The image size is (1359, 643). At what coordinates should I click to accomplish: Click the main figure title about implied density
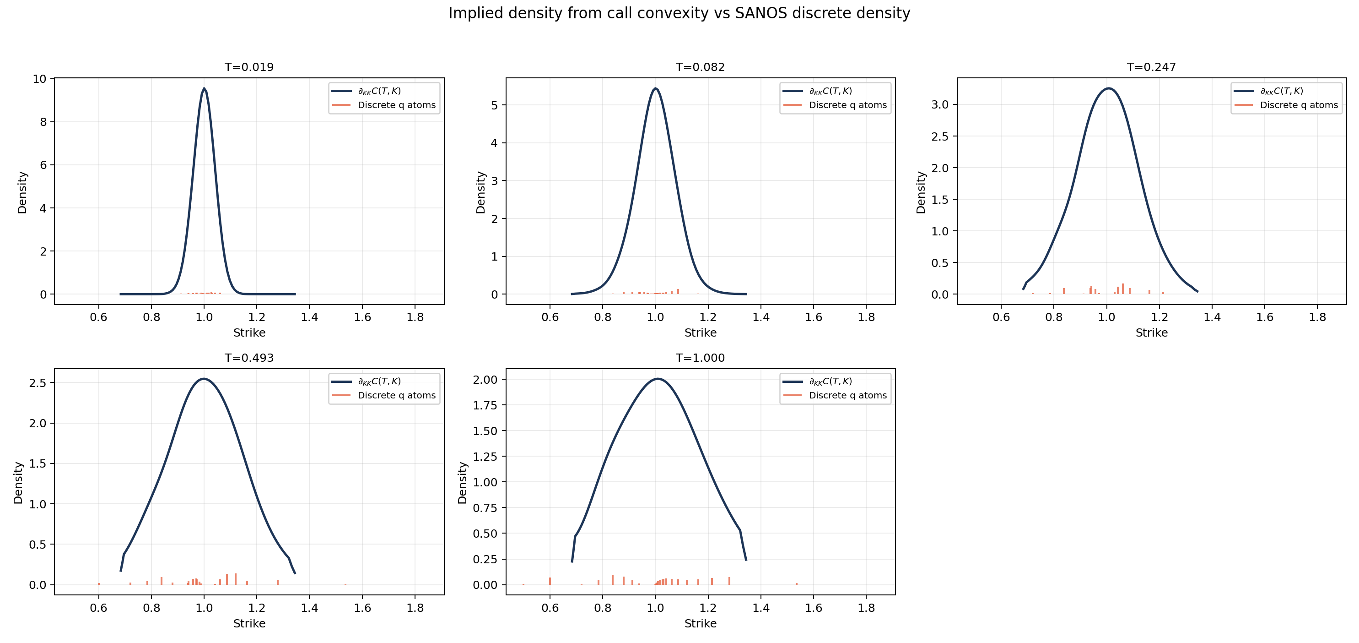pyautogui.click(x=679, y=13)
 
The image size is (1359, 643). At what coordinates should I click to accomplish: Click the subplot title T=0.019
pyautogui.click(x=249, y=67)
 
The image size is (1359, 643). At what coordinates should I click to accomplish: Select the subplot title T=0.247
pyautogui.click(x=1151, y=67)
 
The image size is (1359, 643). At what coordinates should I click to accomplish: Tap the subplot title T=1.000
pyautogui.click(x=700, y=358)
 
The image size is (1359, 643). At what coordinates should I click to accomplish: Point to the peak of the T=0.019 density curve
pyautogui.click(x=204, y=89)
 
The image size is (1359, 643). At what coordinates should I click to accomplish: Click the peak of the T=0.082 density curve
pyautogui.click(x=655, y=89)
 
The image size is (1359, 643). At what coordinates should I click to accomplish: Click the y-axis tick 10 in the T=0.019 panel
pyautogui.click(x=39, y=79)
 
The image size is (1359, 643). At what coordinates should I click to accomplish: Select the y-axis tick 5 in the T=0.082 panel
pyautogui.click(x=494, y=105)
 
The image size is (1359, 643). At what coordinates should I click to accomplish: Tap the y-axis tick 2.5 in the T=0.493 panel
pyautogui.click(x=38, y=383)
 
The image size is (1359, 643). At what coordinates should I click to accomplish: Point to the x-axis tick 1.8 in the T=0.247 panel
pyautogui.click(x=1317, y=317)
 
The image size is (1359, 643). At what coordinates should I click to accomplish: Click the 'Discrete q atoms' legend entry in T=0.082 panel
pyautogui.click(x=847, y=105)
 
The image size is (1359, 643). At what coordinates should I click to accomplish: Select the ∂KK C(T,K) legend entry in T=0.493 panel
pyautogui.click(x=379, y=381)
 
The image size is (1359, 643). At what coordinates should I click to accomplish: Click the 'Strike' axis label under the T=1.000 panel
pyautogui.click(x=700, y=623)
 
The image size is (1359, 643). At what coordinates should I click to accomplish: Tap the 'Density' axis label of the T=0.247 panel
pyautogui.click(x=921, y=192)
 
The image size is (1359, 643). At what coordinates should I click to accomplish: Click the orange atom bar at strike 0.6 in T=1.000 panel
pyautogui.click(x=550, y=581)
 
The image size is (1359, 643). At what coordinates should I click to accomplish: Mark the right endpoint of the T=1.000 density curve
pyautogui.click(x=746, y=560)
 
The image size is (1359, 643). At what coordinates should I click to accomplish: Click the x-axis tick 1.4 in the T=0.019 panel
pyautogui.click(x=310, y=317)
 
